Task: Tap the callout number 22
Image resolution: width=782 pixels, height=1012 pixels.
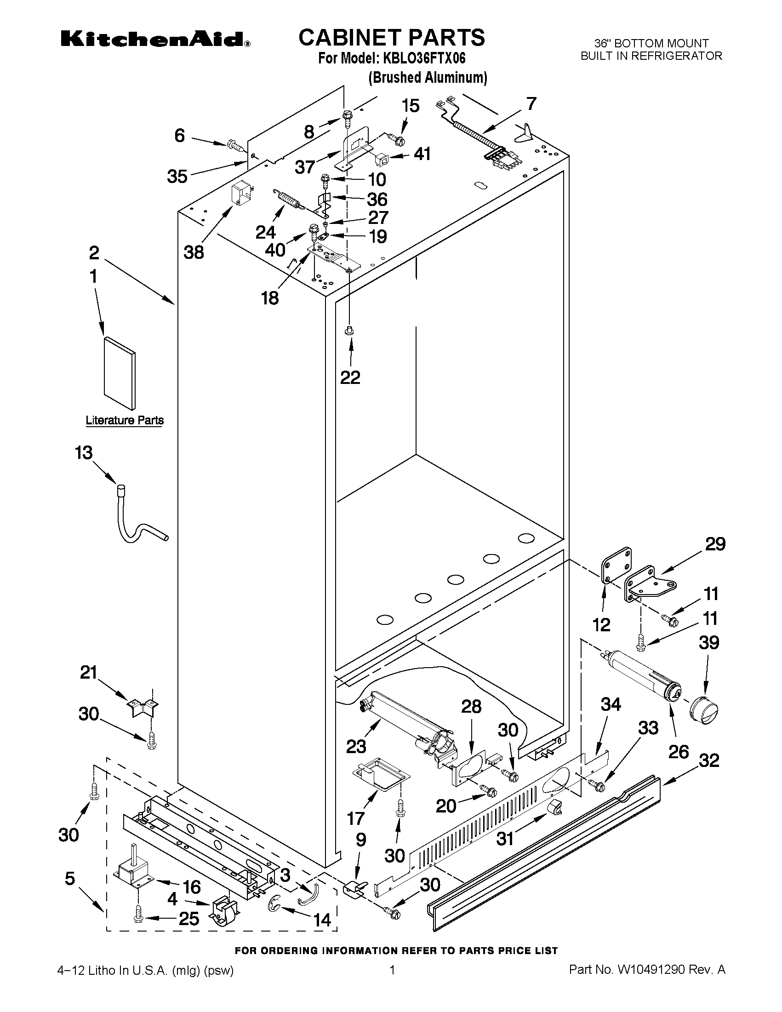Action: pos(350,377)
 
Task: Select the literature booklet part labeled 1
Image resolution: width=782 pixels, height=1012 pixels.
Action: pos(120,373)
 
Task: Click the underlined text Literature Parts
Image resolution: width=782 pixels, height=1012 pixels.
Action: pos(125,420)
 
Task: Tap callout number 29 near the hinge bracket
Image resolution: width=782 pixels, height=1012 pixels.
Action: pos(715,544)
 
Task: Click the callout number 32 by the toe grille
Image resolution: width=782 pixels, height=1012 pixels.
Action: pos(709,760)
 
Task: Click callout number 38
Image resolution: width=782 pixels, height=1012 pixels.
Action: pos(194,252)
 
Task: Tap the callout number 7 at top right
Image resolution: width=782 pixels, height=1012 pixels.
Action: pos(531,103)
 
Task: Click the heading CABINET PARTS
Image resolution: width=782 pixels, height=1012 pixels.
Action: pos(392,38)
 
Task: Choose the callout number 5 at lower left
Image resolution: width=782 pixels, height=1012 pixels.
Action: pos(69,878)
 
